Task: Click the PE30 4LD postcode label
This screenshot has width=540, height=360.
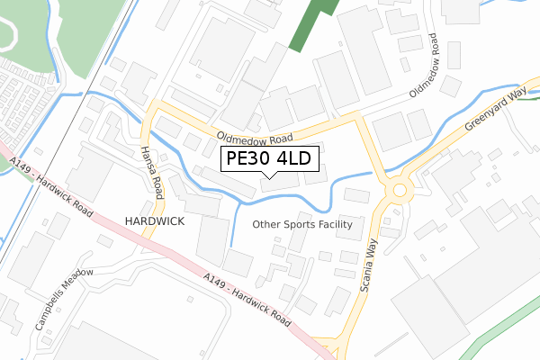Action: [269, 159]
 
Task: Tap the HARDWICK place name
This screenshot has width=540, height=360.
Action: [155, 220]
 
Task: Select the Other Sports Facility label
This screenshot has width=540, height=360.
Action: [301, 224]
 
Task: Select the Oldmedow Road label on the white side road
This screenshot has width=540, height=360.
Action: [423, 67]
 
